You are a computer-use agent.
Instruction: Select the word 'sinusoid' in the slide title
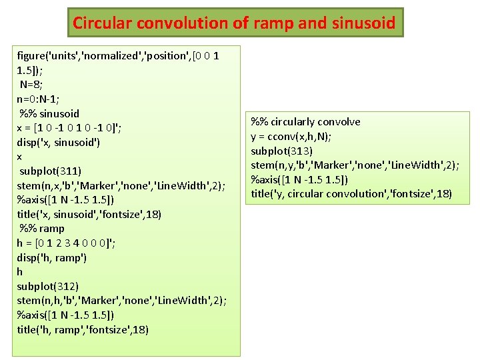(x=363, y=23)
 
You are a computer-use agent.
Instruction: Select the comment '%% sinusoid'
(x=49, y=113)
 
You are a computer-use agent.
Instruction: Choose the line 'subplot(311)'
(x=49, y=171)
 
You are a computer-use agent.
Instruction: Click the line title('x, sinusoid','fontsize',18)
(x=89, y=214)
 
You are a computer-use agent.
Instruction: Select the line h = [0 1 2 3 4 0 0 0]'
(x=66, y=243)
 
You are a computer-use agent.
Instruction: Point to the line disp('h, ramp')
(x=52, y=257)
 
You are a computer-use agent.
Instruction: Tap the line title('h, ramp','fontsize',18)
(x=83, y=329)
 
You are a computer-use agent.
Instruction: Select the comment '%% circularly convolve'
(x=305, y=121)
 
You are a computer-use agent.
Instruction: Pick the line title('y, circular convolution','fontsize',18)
(x=351, y=194)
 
